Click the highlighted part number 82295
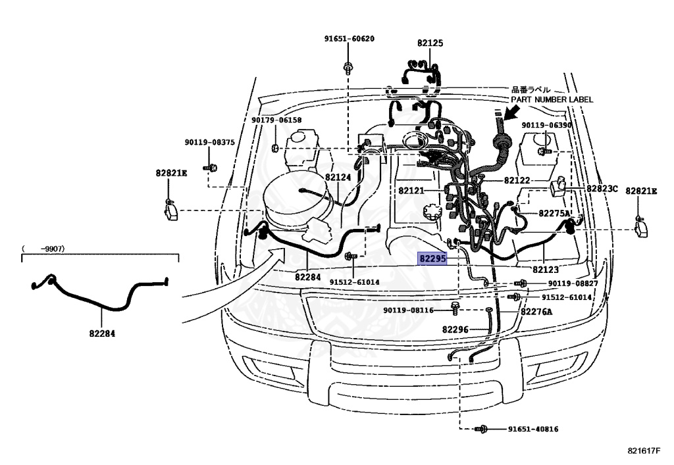432,259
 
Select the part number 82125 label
430,43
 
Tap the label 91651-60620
349,39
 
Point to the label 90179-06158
276,120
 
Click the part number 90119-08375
209,142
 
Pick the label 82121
411,191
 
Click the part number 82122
517,180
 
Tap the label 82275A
554,213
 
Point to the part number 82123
546,270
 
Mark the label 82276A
536,312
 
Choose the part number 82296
455,330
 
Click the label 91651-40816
532,429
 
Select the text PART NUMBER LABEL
552,99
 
